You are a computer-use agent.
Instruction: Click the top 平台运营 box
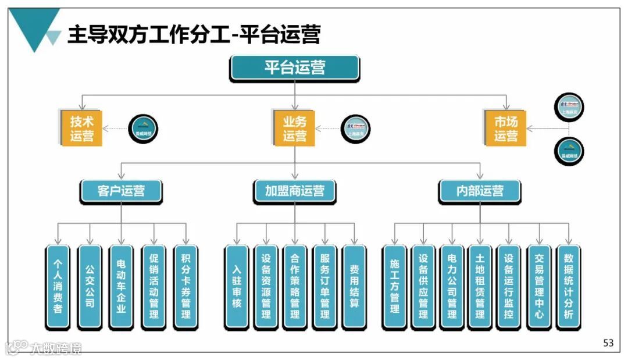[294, 68]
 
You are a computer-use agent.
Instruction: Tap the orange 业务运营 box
[294, 129]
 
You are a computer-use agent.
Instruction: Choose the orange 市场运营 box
[505, 129]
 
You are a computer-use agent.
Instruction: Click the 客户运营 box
[121, 191]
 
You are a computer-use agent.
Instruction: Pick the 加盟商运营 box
[294, 191]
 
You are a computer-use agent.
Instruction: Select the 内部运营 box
[480, 191]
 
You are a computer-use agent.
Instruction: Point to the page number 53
[608, 343]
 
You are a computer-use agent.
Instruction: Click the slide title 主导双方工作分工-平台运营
[194, 34]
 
